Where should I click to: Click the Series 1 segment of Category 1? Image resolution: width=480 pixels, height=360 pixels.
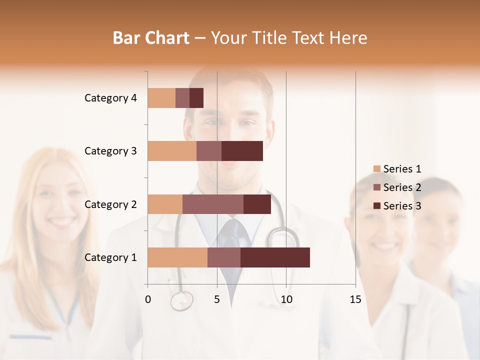pos(177,257)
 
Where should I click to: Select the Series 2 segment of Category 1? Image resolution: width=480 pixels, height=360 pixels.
pos(224,257)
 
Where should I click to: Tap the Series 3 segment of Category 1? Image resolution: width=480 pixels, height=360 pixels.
pos(275,257)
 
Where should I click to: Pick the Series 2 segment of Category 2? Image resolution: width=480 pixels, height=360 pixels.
pos(213,204)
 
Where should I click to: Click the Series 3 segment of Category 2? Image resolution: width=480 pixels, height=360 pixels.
pos(257,204)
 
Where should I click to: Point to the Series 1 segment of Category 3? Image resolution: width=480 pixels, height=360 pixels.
pos(172,151)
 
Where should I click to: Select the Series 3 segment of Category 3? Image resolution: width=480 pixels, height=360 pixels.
pos(242,151)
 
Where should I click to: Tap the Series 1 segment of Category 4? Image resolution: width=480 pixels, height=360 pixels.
pos(161,98)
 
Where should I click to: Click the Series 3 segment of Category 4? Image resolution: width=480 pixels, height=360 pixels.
pos(196,98)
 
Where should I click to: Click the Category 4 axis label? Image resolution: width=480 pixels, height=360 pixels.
pos(110,98)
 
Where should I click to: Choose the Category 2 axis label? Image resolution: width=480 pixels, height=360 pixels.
pos(110,204)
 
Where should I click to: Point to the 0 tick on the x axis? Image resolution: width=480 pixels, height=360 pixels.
pos(148,299)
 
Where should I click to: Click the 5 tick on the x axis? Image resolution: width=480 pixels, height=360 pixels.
pos(217,299)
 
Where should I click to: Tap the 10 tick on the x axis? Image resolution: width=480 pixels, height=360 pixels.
pos(286,299)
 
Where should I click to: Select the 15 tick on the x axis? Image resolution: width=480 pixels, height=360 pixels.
pos(355,299)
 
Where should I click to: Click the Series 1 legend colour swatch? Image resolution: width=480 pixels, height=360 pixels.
pos(376,169)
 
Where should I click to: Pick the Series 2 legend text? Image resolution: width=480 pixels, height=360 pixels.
pos(402,187)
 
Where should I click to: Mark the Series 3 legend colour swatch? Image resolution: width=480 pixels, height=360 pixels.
pos(376,206)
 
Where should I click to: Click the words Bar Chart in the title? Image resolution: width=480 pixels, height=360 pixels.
pos(151,38)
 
